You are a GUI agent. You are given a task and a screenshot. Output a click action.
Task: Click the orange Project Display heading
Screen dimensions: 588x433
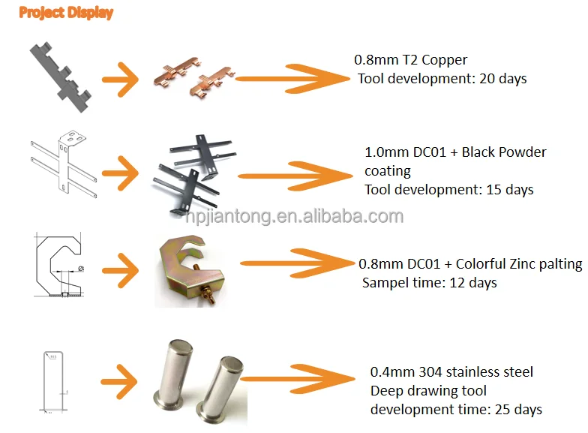[x=66, y=13]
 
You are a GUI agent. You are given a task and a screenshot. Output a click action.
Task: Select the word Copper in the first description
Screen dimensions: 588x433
[x=444, y=60]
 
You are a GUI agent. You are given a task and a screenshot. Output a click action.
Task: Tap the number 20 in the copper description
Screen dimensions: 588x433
[x=487, y=78]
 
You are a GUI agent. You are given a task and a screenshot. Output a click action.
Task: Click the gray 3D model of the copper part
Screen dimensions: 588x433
[x=60, y=77]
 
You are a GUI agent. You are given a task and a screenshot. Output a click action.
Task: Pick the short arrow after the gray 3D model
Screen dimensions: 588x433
[x=120, y=80]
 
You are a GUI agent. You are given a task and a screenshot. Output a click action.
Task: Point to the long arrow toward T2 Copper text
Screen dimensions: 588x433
[x=292, y=78]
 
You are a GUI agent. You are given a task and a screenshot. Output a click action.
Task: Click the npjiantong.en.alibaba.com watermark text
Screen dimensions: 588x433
[x=295, y=216]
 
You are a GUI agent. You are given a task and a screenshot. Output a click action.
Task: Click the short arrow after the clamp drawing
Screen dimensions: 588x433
[x=120, y=270]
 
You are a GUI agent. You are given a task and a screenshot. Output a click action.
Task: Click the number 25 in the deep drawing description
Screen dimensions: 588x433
[x=502, y=410]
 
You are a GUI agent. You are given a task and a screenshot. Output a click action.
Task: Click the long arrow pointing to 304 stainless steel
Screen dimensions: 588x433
[x=298, y=378]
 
